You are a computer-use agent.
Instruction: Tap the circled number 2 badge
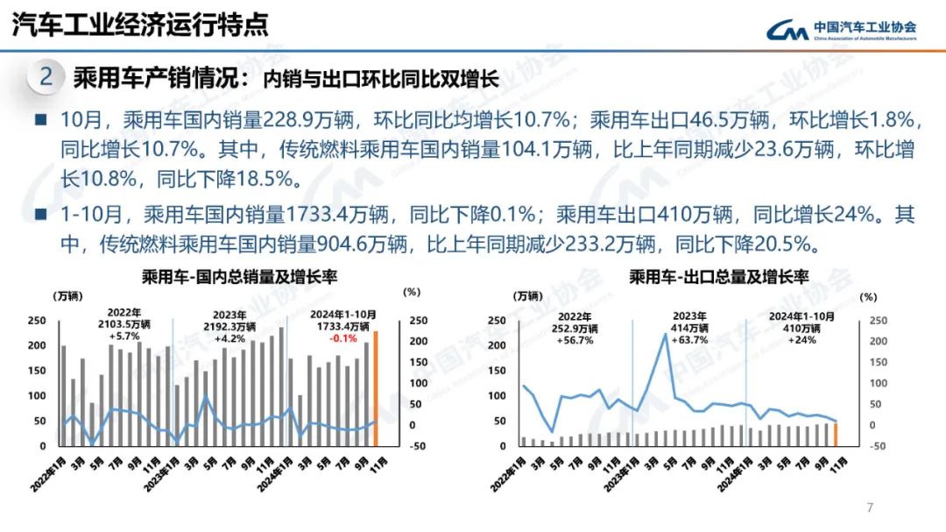pyautogui.click(x=46, y=77)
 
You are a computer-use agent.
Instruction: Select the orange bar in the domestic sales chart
pyautogui.click(x=377, y=388)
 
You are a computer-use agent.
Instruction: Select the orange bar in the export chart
pyautogui.click(x=836, y=435)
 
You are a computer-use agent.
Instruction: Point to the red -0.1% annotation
pyautogui.click(x=342, y=338)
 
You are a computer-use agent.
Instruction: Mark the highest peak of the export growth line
pyautogui.click(x=666, y=334)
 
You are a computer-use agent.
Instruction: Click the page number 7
pyautogui.click(x=870, y=507)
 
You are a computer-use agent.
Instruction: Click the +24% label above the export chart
pyautogui.click(x=801, y=340)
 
